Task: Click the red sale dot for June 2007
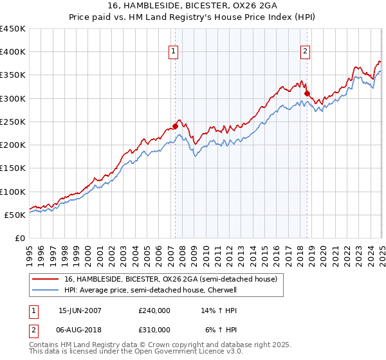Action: [x=175, y=126]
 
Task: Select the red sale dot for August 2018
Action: [x=307, y=93]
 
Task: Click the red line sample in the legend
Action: [x=46, y=279]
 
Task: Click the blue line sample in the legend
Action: [x=46, y=290]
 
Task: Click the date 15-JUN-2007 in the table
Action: [x=80, y=310]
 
